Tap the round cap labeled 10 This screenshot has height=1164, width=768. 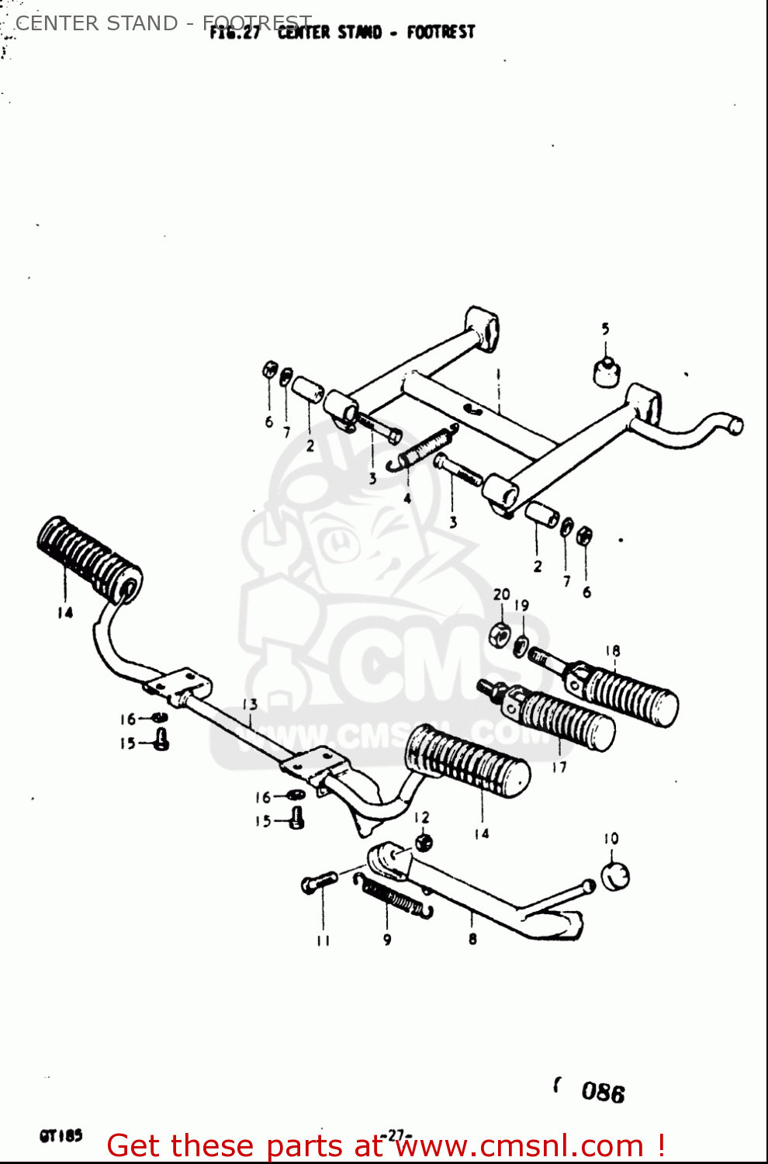click(615, 875)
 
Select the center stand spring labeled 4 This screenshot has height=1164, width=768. click(424, 448)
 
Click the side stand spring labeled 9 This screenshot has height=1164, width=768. click(393, 896)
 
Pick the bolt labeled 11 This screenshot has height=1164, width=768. click(318, 882)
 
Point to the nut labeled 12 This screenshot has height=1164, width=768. click(423, 842)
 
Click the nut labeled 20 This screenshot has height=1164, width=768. click(500, 636)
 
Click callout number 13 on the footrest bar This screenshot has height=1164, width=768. click(250, 705)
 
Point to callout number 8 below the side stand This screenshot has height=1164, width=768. click(472, 939)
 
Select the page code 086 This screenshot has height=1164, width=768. click(603, 1093)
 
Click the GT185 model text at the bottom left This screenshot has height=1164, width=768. click(61, 1136)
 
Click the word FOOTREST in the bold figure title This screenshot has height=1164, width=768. click(441, 33)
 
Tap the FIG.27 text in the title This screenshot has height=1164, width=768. click(234, 33)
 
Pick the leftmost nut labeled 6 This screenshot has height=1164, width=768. click(269, 369)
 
